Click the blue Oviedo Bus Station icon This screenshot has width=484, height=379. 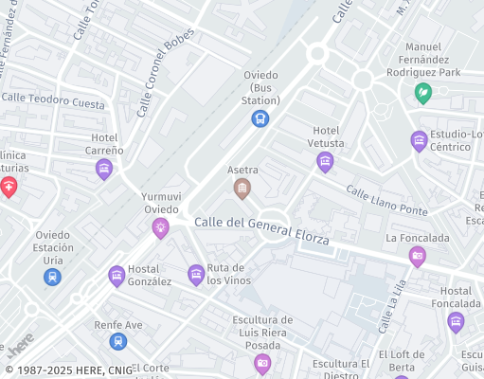[x=260, y=118]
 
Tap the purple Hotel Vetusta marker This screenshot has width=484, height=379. [x=325, y=162]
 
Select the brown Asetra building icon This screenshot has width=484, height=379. [x=242, y=189]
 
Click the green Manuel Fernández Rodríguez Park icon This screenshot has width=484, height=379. [x=423, y=93]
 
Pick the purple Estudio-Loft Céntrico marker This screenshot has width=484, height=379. [x=419, y=141]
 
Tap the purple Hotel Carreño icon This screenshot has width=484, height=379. [x=104, y=170]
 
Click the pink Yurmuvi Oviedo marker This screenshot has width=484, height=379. [x=161, y=227]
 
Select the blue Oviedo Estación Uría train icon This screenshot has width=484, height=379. [x=53, y=277]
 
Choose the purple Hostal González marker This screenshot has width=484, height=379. [x=117, y=276]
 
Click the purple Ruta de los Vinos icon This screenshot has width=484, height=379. [x=196, y=275]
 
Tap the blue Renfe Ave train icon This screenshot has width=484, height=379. [x=117, y=341]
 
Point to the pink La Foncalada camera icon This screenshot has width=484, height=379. [x=417, y=256]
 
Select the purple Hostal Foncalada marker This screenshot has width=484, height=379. [x=456, y=322]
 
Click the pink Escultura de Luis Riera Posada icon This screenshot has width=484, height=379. [x=262, y=363]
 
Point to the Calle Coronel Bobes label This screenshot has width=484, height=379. [x=165, y=71]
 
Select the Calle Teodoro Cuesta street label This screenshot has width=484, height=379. [x=53, y=100]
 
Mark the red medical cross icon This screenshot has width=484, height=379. [x=9, y=187]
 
